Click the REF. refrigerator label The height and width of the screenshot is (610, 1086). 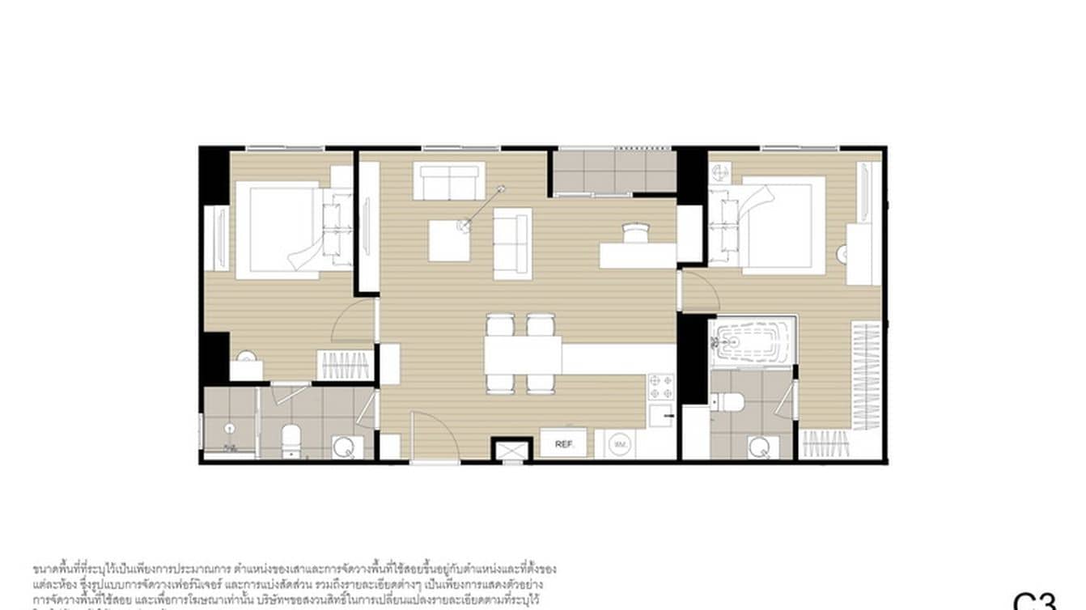563,444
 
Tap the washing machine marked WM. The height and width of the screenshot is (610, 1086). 621,444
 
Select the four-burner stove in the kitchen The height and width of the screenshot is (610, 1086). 661,387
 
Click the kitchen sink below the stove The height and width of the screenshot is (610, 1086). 661,417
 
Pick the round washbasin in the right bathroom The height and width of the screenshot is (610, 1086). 759,447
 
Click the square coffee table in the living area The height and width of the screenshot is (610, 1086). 449,240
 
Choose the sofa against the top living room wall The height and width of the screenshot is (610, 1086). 449,180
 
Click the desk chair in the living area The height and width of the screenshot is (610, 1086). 635,233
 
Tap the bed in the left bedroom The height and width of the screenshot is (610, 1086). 279,229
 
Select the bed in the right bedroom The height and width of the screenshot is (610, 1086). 775,224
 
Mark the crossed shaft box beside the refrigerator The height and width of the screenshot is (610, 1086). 511,450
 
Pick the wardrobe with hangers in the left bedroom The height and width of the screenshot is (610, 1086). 346,366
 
